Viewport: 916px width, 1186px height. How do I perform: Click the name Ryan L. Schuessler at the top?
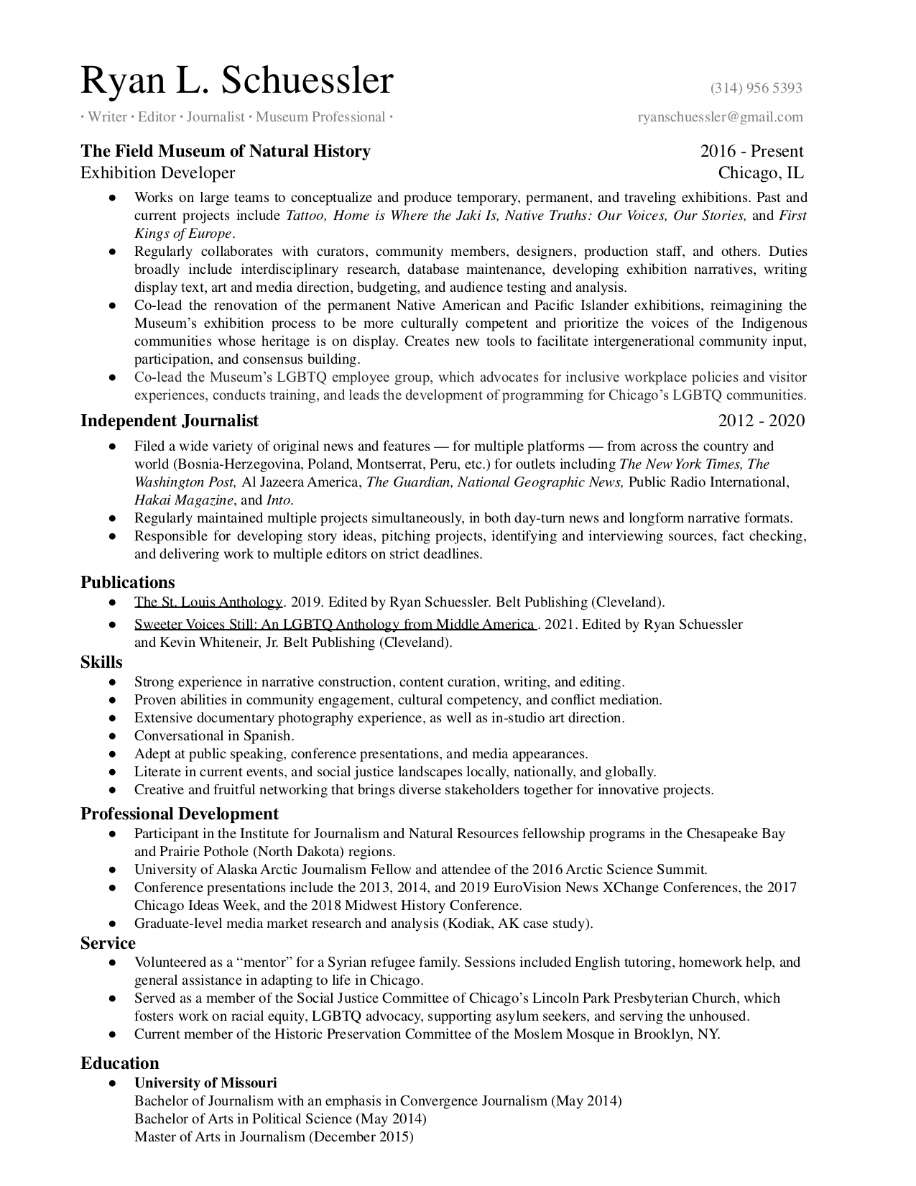[237, 81]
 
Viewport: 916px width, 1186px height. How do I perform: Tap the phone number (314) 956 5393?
[756, 88]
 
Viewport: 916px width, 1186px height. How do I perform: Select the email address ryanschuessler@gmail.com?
[720, 117]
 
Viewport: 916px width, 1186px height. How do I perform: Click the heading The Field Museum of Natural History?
[226, 151]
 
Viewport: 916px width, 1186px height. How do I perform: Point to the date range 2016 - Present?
[751, 151]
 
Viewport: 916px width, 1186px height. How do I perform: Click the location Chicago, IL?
[761, 173]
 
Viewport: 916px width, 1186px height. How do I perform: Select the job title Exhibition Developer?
[157, 173]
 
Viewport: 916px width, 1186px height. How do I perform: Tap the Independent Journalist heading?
[170, 420]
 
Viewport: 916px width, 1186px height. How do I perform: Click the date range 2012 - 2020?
[761, 420]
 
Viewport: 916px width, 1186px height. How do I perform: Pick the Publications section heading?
[128, 582]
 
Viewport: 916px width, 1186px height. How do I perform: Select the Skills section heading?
[101, 662]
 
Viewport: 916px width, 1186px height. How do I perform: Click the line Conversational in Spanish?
[214, 736]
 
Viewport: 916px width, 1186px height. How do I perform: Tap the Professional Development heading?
[179, 814]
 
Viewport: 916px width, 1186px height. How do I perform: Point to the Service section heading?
[108, 942]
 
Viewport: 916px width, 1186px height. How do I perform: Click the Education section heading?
[119, 1063]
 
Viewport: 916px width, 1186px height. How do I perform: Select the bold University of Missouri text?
[205, 1083]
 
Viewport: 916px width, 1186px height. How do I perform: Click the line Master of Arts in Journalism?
[274, 1137]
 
